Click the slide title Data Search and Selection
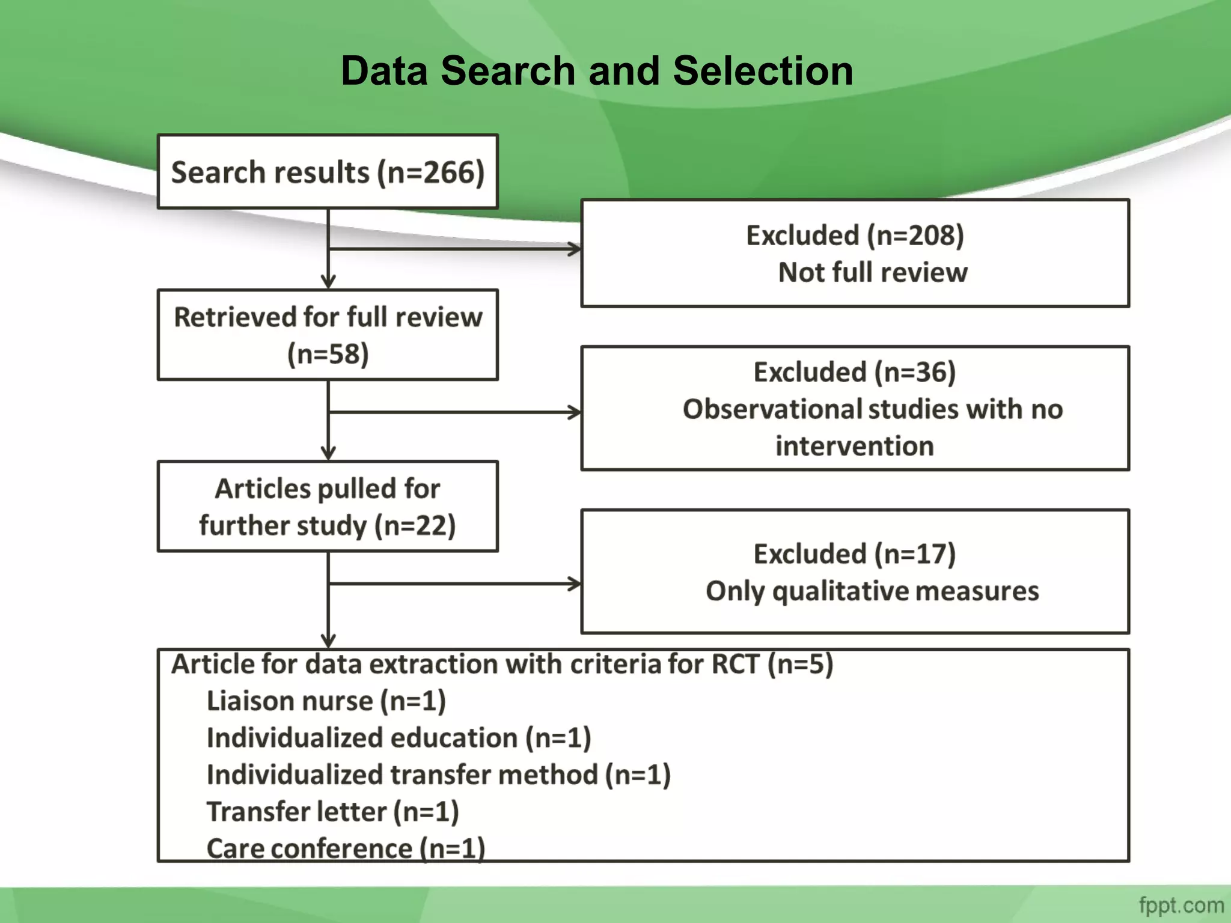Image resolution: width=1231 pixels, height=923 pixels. (596, 71)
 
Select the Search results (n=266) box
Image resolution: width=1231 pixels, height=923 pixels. (328, 172)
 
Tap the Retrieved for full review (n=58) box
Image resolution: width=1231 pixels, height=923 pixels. (328, 335)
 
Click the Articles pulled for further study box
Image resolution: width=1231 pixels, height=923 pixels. (328, 507)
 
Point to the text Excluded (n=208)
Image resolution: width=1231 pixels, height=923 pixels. (855, 235)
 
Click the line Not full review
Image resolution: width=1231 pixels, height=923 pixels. (873, 272)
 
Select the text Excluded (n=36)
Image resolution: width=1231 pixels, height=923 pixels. (855, 372)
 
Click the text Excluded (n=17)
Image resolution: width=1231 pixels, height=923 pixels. (855, 553)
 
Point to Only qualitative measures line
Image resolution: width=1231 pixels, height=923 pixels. (872, 591)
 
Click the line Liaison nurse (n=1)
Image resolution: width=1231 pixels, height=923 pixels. (326, 701)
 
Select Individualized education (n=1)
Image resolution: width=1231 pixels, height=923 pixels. (399, 738)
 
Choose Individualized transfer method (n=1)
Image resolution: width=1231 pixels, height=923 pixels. (438, 775)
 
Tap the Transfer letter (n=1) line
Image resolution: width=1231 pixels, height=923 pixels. (332, 812)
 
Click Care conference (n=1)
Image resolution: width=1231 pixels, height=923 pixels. (346, 848)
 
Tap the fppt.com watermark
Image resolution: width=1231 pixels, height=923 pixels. (1181, 905)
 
